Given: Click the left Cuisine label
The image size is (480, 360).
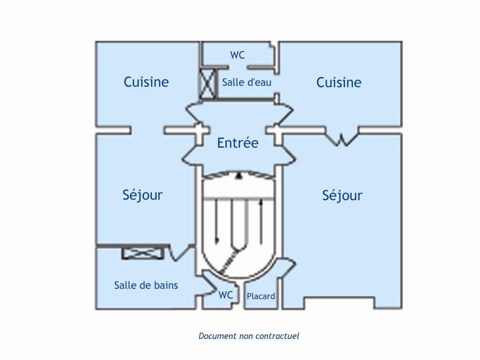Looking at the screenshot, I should point(146,82).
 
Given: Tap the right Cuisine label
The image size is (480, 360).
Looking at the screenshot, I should point(338,82).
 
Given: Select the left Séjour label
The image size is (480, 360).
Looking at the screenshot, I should point(142,195).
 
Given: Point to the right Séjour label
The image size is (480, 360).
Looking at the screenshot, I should point(342,195).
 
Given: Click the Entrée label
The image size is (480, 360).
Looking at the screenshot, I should point(238,143).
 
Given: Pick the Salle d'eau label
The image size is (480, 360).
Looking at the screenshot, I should point(247,82).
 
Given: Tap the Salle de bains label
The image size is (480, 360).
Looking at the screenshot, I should point(146,285).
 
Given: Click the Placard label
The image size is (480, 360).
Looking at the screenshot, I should point(261,296).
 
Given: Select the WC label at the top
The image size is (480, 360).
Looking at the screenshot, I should point(237,55).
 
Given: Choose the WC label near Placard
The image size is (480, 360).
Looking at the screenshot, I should point(225,295).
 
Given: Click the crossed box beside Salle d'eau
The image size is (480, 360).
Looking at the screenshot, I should point(208,84).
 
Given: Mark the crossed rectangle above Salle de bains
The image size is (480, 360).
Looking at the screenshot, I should point(143,253).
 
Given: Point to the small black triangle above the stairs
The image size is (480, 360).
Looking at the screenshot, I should point(239,176).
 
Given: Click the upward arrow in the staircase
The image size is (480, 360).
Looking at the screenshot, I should point(261,220).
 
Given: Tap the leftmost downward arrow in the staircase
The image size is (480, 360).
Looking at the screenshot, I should point(217,220).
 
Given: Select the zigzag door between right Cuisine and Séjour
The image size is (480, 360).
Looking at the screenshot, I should point(342,138).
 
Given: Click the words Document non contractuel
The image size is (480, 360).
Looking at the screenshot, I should point(248,336).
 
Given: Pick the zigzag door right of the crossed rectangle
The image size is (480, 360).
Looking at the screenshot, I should point(180,253).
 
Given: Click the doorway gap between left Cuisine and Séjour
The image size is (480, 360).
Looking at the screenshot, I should point(147,130).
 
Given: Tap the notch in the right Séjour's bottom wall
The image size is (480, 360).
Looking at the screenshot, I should point(339,303).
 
